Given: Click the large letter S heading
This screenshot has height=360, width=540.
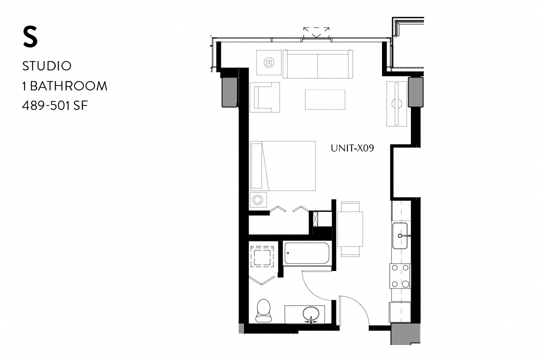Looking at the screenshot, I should pyautogui.click(x=30, y=38).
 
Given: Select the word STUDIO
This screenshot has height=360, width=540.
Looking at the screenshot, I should pyautogui.click(x=47, y=66).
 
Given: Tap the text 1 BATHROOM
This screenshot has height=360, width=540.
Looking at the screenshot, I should pyautogui.click(x=64, y=86).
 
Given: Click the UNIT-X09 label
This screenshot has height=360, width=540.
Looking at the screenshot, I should pyautogui.click(x=353, y=148).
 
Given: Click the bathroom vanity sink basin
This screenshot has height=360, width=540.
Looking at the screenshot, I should pyautogui.click(x=311, y=313).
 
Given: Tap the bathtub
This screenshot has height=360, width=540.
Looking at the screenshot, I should pyautogui.click(x=306, y=253).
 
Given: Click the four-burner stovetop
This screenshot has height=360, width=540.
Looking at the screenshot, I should pyautogui.click(x=400, y=275).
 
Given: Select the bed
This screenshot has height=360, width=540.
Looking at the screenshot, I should pyautogui.click(x=283, y=166).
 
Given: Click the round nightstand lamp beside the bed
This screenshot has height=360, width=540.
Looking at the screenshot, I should pyautogui.click(x=258, y=200).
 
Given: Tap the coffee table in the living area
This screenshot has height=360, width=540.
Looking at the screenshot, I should pyautogui.click(x=325, y=99).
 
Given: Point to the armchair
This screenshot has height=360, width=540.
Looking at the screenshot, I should pyautogui.click(x=264, y=97).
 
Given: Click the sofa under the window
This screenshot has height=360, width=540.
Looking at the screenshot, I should pyautogui.click(x=318, y=64).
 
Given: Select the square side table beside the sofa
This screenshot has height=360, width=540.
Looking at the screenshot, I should pyautogui.click(x=269, y=62).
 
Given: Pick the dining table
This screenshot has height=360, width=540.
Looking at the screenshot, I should pyautogui.click(x=350, y=229).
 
